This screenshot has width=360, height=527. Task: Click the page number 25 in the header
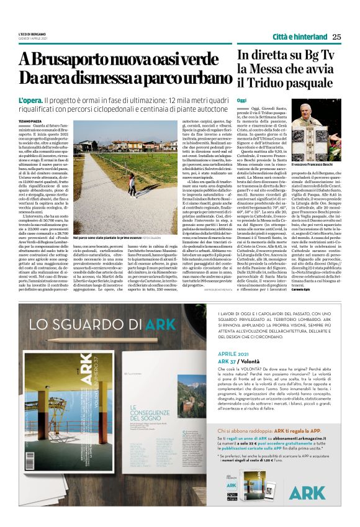336,36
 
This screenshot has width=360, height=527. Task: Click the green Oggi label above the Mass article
242,100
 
